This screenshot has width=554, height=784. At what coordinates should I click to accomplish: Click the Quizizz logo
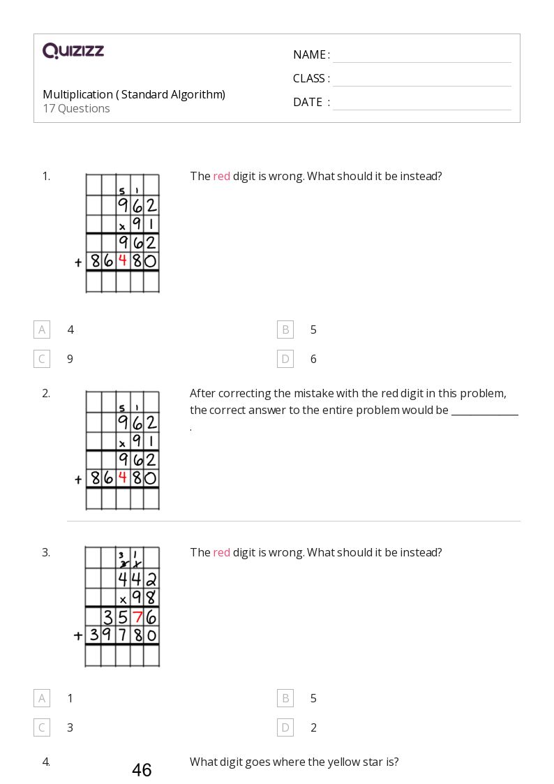pyautogui.click(x=73, y=51)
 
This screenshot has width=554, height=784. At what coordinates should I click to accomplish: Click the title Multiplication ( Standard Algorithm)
pyautogui.click(x=134, y=94)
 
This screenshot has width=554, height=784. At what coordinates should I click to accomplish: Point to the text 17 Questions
pyautogui.click(x=76, y=108)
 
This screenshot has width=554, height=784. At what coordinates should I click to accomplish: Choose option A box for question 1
pyautogui.click(x=42, y=330)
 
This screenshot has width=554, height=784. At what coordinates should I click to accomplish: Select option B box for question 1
pyautogui.click(x=285, y=330)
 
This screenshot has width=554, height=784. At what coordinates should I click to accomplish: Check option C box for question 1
pyautogui.click(x=42, y=359)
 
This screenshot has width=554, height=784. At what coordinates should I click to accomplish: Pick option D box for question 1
pyautogui.click(x=285, y=359)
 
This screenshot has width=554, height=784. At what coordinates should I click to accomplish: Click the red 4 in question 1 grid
pyautogui.click(x=123, y=262)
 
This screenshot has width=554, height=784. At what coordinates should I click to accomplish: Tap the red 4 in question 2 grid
pyautogui.click(x=123, y=478)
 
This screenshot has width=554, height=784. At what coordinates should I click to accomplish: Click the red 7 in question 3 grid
pyautogui.click(x=137, y=617)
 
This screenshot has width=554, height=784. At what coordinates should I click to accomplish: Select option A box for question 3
pyautogui.click(x=42, y=698)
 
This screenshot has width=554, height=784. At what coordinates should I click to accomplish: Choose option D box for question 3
pyautogui.click(x=285, y=727)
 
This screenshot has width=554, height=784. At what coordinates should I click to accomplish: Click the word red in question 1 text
pyautogui.click(x=221, y=176)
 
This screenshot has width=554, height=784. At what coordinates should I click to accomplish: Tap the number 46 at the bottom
pyautogui.click(x=142, y=770)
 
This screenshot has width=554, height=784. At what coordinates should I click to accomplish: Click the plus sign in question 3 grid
pyautogui.click(x=78, y=636)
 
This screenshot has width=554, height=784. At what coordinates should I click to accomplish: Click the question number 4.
pyautogui.click(x=46, y=762)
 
